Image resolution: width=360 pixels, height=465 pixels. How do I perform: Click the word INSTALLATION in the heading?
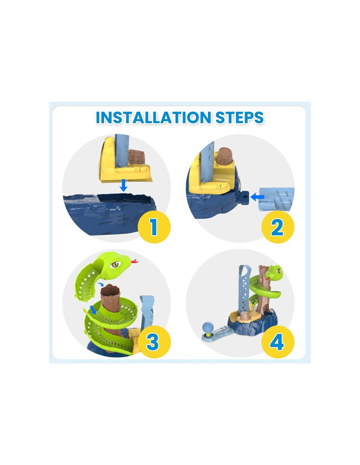click(x=153, y=117)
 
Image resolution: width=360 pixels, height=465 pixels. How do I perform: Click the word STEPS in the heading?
click(x=240, y=117)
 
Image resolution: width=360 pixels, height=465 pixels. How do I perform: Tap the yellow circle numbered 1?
click(x=154, y=227)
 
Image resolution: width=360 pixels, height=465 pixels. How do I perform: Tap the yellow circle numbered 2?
click(x=278, y=227)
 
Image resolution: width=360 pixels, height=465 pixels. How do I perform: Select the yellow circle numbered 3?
click(x=154, y=342)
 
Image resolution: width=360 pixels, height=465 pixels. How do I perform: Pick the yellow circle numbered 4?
click(x=278, y=342)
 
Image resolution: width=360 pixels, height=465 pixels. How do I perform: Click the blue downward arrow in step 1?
click(x=123, y=185)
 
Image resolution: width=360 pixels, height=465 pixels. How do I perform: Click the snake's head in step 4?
click(x=275, y=272)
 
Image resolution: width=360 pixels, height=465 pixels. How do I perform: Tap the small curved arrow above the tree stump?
click(x=99, y=284)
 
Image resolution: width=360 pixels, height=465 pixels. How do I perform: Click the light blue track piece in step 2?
click(x=277, y=199)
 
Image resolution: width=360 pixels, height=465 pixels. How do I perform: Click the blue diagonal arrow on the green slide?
click(x=93, y=310)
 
